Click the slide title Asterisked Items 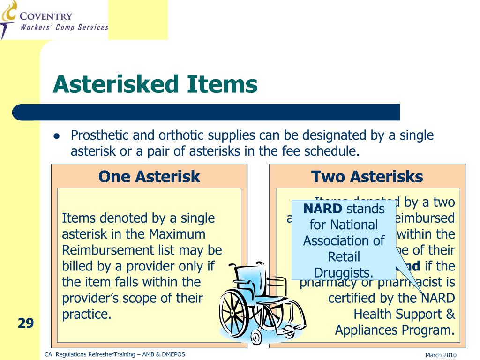point(155,85)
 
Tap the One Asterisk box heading point(149,177)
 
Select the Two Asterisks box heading point(367,177)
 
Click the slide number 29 point(26,323)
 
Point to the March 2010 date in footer point(441,355)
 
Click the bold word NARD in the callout point(322,209)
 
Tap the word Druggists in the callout point(344,273)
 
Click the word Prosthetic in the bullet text point(99,136)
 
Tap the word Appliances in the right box point(366,330)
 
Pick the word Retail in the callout point(344,257)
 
